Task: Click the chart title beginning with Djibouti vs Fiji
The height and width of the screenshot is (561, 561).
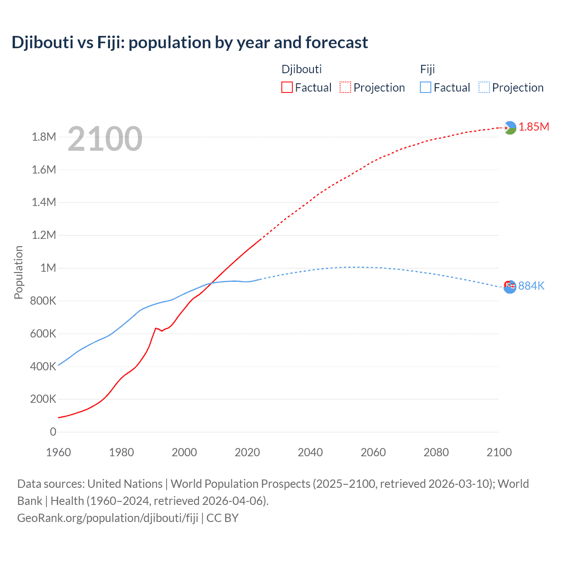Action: click(189, 43)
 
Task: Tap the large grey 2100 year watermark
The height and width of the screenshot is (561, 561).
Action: click(105, 139)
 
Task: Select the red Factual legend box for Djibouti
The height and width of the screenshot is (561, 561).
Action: click(287, 87)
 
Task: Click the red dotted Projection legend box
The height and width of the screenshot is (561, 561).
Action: click(345, 87)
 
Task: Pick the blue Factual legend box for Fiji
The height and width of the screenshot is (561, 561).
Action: click(426, 87)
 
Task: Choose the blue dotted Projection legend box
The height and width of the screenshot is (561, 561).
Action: click(484, 87)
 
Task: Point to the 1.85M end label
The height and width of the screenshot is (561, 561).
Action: click(534, 127)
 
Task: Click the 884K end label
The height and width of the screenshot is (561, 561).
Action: click(531, 286)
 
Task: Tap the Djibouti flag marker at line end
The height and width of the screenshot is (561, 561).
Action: click(510, 128)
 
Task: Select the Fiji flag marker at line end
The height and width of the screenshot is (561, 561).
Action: click(510, 287)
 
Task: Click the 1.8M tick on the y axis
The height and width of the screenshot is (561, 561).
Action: click(44, 137)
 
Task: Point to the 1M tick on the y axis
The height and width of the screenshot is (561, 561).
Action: click(48, 268)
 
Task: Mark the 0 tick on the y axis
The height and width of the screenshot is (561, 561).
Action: click(53, 432)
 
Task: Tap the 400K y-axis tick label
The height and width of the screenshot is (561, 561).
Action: click(43, 366)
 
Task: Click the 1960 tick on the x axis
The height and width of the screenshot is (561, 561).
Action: click(58, 452)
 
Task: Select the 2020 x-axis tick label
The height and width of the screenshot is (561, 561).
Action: click(247, 452)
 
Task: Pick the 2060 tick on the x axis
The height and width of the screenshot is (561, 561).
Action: click(373, 452)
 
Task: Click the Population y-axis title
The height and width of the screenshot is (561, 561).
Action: click(18, 272)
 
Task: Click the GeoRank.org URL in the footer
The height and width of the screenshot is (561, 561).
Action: click(108, 518)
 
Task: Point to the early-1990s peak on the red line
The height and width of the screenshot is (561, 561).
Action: click(156, 328)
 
